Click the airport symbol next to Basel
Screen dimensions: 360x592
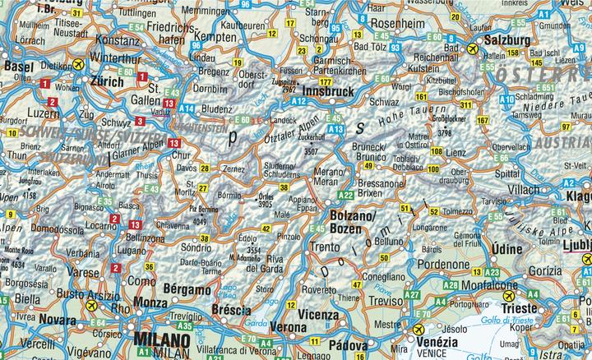tap(77, 64)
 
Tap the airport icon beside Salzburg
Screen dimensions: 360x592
tap(472, 50)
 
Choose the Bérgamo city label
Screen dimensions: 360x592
tap(187, 289)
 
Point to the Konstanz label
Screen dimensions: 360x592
tap(118, 39)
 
